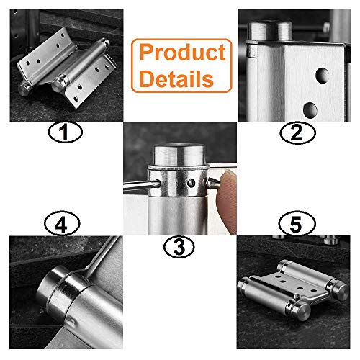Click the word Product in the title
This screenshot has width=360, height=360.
click(x=182, y=53)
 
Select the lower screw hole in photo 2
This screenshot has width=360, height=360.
click(x=310, y=109)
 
